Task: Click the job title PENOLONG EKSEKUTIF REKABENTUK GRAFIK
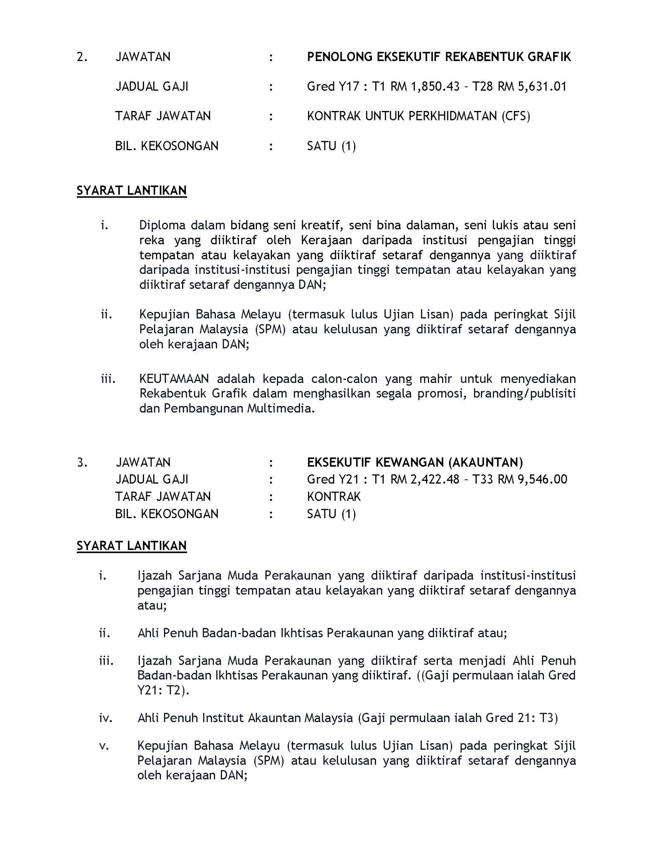[439, 57]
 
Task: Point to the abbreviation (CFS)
[516, 116]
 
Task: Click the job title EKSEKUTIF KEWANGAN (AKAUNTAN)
[415, 462]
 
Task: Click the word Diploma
[162, 225]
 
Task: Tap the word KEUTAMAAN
[174, 379]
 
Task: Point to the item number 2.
[82, 57]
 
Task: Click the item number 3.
[82, 462]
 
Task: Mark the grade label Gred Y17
[333, 87]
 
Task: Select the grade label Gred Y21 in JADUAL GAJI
[333, 479]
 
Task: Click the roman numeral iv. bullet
[106, 718]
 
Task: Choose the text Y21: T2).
[163, 690]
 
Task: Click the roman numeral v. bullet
[104, 746]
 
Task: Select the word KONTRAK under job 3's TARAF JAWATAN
[334, 496]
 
